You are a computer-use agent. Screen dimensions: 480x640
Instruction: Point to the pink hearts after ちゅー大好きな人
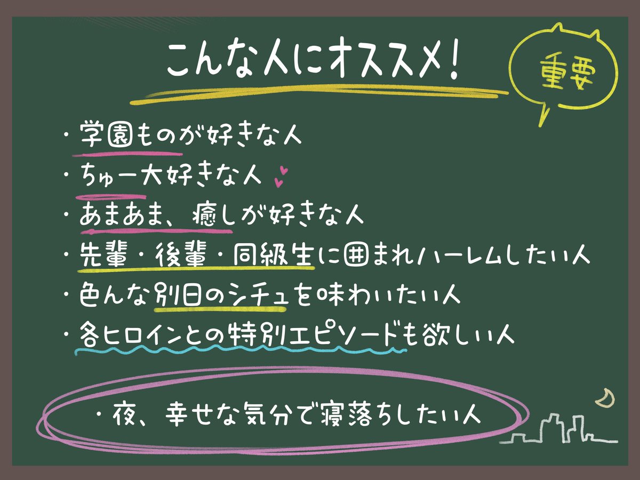click(x=281, y=177)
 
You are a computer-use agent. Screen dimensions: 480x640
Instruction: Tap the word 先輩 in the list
click(x=103, y=256)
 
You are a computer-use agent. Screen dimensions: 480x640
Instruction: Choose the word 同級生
click(x=274, y=256)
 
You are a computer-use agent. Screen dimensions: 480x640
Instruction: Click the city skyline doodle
click(x=560, y=432)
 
